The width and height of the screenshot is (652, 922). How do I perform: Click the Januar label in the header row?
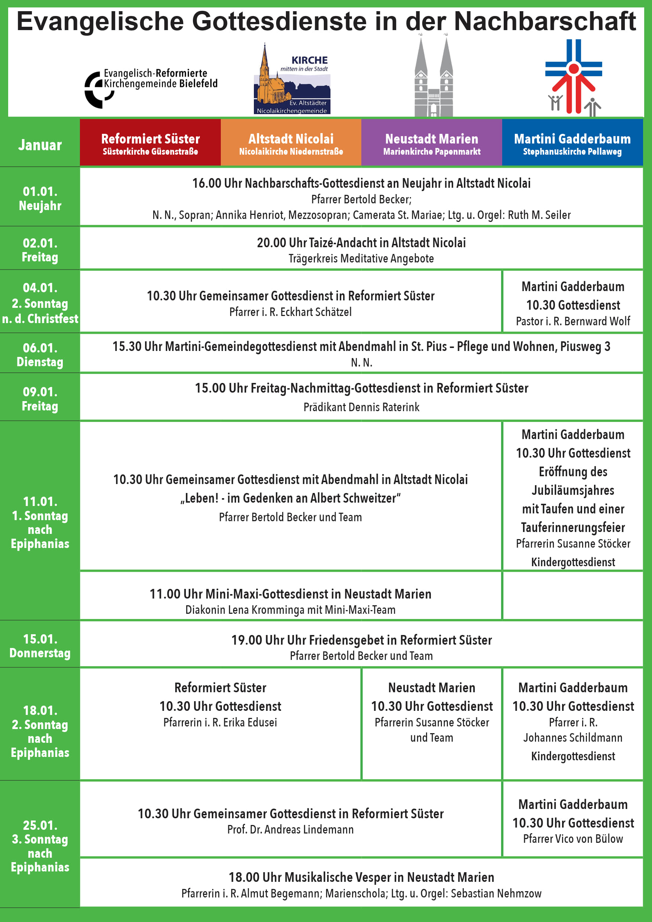(40, 145)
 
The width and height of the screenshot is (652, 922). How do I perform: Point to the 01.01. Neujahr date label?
(40, 199)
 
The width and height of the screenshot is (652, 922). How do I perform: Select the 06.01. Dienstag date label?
(40, 355)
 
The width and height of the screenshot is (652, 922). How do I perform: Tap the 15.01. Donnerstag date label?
(40, 646)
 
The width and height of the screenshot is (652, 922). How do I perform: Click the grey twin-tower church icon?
(433, 78)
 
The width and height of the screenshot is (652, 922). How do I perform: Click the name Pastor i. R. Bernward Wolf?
(573, 321)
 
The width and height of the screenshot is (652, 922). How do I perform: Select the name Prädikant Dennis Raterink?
(361, 407)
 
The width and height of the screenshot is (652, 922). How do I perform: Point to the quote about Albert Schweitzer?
(290, 498)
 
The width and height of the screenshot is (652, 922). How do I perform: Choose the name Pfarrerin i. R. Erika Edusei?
(220, 722)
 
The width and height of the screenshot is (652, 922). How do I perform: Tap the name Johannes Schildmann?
(573, 738)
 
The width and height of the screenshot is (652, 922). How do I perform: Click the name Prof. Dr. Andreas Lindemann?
(290, 830)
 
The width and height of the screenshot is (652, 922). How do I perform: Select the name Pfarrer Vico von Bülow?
(573, 839)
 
